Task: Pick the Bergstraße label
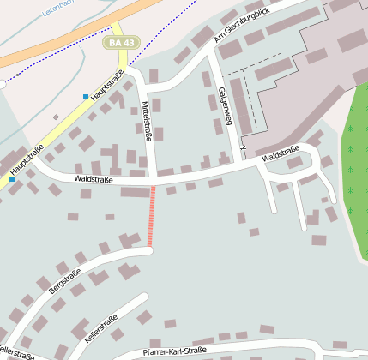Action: tap(65, 281)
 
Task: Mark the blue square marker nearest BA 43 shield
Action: tap(86, 96)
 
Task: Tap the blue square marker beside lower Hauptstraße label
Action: tap(12, 179)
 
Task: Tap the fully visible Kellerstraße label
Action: tap(101, 331)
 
